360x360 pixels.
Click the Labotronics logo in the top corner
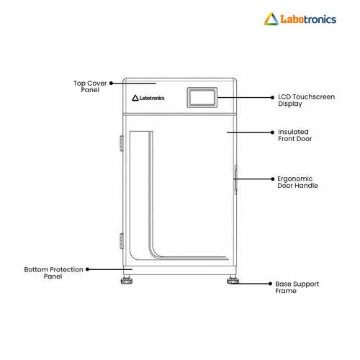300,19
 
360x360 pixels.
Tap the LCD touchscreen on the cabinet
202,97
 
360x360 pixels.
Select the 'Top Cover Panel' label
90,86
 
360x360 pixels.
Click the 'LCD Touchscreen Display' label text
306,100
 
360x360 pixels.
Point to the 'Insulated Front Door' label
295,135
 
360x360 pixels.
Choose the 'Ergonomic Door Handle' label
297,182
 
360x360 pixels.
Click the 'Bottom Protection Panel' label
53,273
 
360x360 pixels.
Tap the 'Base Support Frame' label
297,287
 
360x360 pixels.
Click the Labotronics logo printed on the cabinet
148,98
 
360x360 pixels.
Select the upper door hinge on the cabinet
122,143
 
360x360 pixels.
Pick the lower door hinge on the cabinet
122,241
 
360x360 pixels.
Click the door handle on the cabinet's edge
235,179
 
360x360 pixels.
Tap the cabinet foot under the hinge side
127,280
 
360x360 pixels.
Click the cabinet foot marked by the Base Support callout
233,280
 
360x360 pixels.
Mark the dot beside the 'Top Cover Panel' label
111,84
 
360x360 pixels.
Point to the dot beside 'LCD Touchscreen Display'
272,97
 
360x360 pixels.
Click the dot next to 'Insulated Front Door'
272,132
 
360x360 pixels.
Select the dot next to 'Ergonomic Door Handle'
272,179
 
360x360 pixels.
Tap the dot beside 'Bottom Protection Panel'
88,269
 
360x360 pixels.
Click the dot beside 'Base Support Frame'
270,284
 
